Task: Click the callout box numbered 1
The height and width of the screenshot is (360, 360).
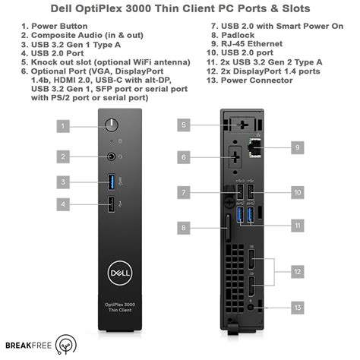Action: tap(64, 125)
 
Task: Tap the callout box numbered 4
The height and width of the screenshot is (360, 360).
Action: tap(64, 204)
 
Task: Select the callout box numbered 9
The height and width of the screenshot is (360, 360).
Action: tap(297, 147)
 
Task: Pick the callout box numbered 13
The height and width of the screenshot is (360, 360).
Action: tap(297, 308)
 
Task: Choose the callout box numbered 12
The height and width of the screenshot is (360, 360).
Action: tap(297, 270)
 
